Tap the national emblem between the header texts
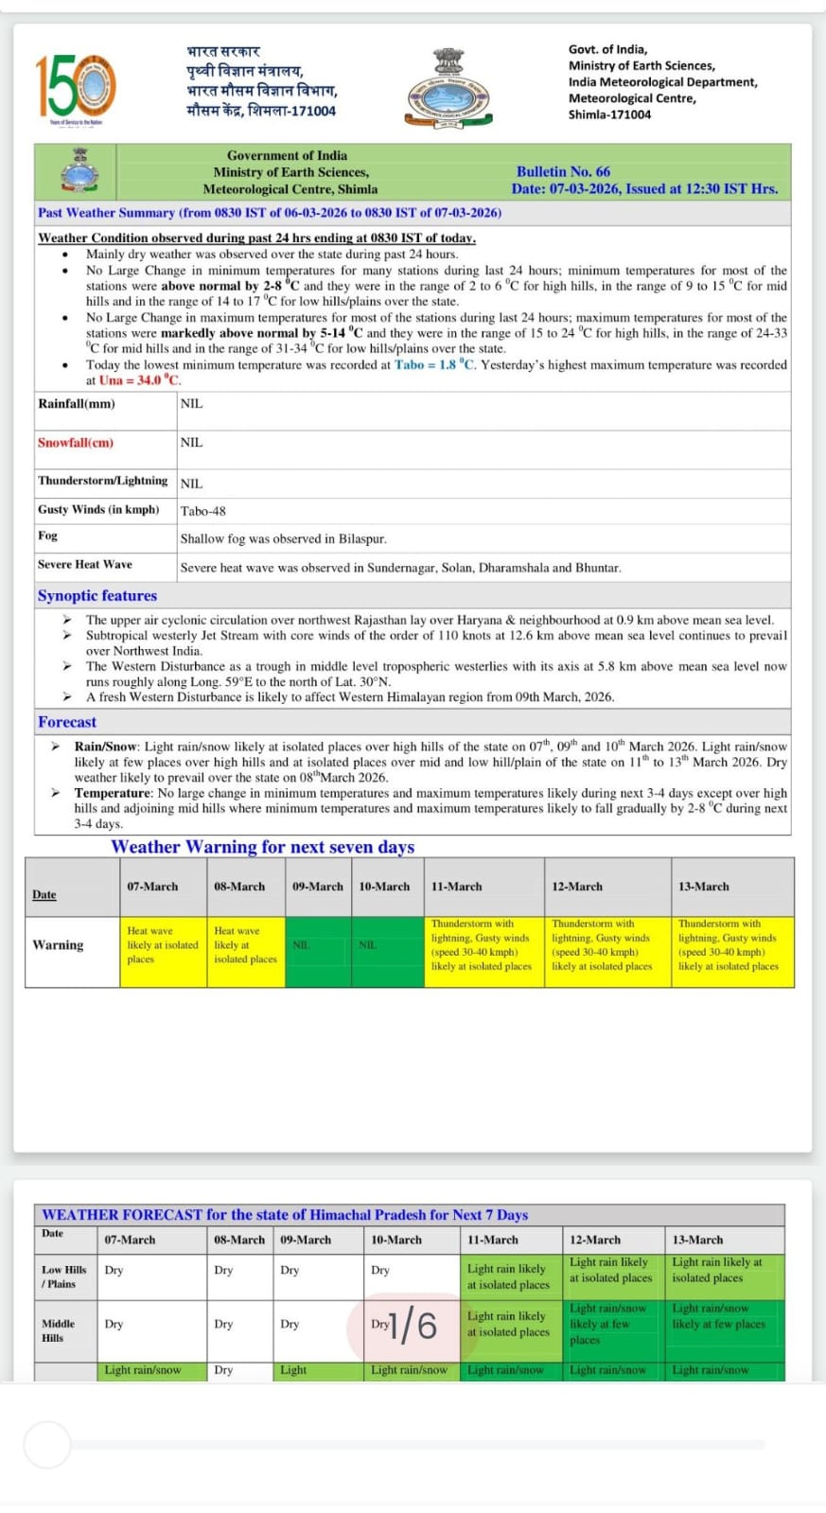tap(449, 89)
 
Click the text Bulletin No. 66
tap(563, 171)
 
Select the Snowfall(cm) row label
tap(76, 443)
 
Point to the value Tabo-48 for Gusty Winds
tap(203, 511)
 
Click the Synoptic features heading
tap(97, 595)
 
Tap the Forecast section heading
tap(67, 722)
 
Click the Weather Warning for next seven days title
tap(262, 847)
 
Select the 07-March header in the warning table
tap(152, 887)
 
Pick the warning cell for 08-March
tap(245, 945)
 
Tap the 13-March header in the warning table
tap(703, 887)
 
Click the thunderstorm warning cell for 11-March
tap(483, 945)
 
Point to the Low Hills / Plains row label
tap(63, 1276)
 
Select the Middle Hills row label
tap(58, 1330)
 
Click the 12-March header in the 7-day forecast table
tap(595, 1240)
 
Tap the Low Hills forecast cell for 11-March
tap(509, 1276)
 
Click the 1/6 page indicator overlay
tap(413, 1325)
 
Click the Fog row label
tap(48, 536)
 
